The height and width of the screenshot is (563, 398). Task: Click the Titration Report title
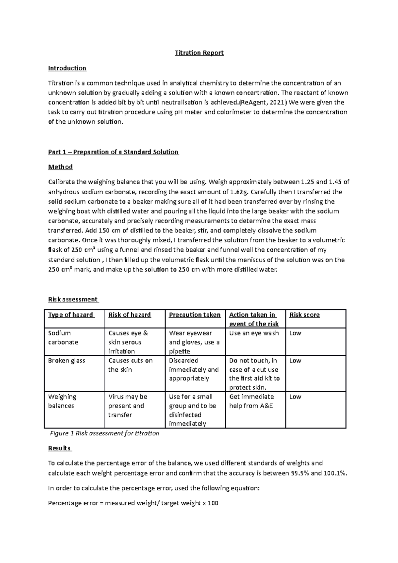199,53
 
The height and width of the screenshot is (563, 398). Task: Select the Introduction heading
67,68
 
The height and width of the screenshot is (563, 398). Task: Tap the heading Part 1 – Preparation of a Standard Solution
113,152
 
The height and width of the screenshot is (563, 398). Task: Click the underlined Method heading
60,167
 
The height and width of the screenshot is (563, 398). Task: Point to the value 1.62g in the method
242,192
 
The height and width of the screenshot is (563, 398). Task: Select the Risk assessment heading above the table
73,299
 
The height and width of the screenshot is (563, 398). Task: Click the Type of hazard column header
71,315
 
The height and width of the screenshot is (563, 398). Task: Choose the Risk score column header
304,315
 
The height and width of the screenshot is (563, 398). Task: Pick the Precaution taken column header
195,315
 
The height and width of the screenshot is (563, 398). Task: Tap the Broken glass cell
67,361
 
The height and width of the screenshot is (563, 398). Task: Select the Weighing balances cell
62,401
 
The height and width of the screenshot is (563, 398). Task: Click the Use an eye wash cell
254,333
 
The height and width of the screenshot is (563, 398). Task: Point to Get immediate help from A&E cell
251,401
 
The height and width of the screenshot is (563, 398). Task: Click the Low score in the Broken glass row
295,361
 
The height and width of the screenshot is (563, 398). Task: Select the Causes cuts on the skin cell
130,365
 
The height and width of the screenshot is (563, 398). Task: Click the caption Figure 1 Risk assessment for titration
104,433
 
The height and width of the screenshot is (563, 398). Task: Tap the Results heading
59,448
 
